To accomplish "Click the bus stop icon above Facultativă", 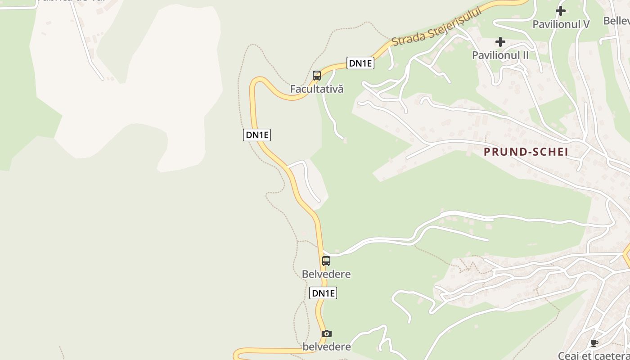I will tap(317, 76).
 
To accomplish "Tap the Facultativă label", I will tap(316, 89).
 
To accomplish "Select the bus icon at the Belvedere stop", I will tap(326, 261).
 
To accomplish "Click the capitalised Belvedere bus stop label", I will tap(326, 274).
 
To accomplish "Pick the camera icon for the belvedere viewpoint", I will tap(327, 333).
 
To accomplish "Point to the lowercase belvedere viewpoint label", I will tap(327, 346).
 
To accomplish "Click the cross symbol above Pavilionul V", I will tap(561, 10).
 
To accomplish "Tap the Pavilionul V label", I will tap(561, 24).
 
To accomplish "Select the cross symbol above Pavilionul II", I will tap(500, 42).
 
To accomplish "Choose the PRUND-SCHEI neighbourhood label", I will tap(526, 152).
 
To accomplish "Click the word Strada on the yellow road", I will tap(407, 38).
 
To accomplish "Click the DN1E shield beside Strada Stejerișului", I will tap(360, 63).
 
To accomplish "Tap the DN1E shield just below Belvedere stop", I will tap(324, 293).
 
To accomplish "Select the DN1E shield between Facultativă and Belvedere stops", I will tap(257, 135).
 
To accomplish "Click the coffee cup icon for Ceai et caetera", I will tap(594, 343).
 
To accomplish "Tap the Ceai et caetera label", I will tap(594, 355).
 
